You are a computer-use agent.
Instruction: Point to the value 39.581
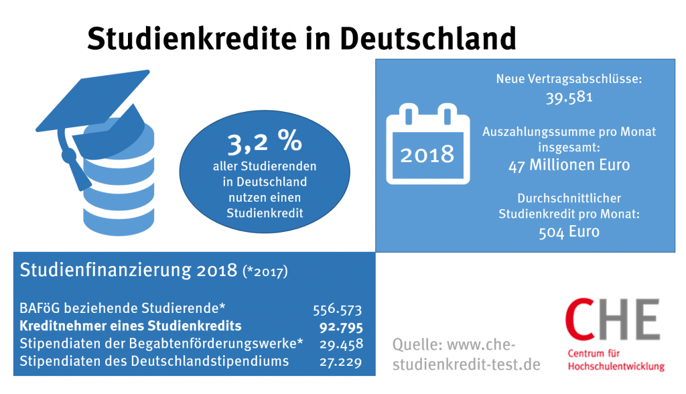569,98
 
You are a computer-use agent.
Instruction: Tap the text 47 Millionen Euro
569,164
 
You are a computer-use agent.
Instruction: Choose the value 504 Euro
569,232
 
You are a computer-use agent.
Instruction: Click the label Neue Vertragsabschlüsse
569,79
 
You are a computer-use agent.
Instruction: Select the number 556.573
338,310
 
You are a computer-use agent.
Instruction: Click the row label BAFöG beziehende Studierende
123,309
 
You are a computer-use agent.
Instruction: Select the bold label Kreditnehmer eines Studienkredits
131,327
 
